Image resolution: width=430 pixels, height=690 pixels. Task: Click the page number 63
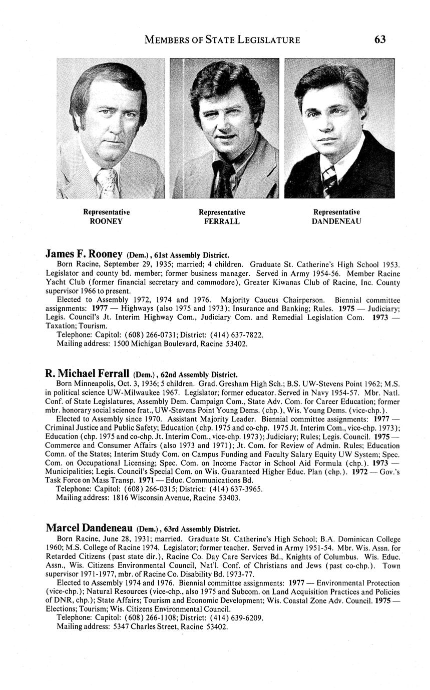(x=379, y=39)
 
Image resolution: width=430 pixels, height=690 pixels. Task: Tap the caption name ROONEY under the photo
(x=106, y=221)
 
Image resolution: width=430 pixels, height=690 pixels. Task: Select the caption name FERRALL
(x=222, y=221)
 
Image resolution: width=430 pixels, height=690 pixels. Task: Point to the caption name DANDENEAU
(x=336, y=221)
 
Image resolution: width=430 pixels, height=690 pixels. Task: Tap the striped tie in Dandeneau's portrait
(x=329, y=181)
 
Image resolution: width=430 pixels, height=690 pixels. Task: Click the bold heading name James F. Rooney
(x=84, y=254)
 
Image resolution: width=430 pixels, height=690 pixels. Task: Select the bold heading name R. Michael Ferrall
(x=88, y=373)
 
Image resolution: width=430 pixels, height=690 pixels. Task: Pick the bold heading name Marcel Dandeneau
(x=89, y=528)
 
